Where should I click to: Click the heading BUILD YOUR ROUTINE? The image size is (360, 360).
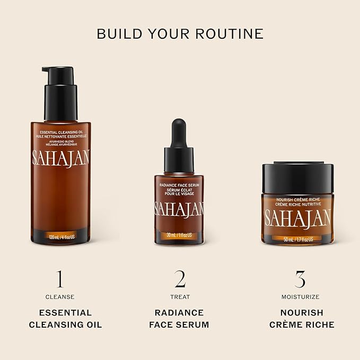[x=180, y=33]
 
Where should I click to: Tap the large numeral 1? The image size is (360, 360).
[x=60, y=279]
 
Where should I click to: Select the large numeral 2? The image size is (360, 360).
[x=180, y=279]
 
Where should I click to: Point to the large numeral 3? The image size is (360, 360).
[x=300, y=279]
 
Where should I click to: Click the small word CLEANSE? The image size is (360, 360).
[x=60, y=297]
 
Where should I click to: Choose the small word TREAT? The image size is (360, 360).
[x=180, y=297]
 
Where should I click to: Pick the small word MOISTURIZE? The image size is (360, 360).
[x=300, y=297]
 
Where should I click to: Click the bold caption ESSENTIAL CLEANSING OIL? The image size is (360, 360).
[x=60, y=319]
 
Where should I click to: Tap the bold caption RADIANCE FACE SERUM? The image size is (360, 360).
[x=180, y=319]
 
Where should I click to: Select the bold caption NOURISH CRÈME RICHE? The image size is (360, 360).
[x=300, y=319]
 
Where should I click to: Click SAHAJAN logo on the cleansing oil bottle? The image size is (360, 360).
[x=60, y=157]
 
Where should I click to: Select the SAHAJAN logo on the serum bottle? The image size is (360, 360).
[x=179, y=208]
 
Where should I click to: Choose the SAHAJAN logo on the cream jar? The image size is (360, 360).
[x=298, y=217]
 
